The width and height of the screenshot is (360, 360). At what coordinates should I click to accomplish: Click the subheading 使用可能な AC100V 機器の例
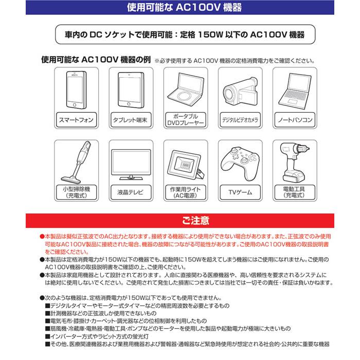tap(96, 60)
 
